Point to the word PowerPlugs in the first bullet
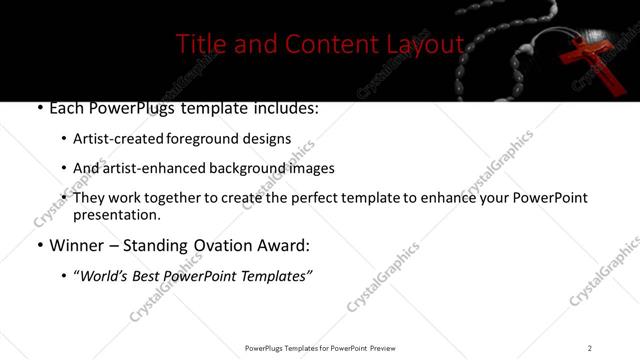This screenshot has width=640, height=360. (127, 108)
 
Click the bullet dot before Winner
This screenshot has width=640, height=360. (39, 244)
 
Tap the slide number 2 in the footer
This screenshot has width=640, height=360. (590, 348)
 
